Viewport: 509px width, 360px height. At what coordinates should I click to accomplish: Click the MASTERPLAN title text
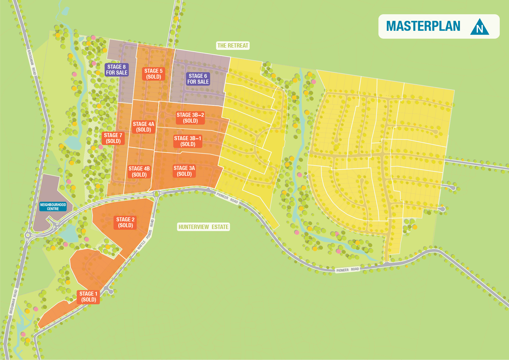click(x=423, y=26)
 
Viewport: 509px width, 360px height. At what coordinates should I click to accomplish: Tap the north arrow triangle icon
click(x=479, y=27)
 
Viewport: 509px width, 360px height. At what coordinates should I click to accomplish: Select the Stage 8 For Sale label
click(x=117, y=70)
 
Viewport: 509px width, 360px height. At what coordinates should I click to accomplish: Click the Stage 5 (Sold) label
click(x=153, y=74)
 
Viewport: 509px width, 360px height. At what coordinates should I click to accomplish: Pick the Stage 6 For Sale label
click(x=198, y=79)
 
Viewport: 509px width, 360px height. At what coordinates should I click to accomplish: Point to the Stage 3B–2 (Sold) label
click(x=190, y=118)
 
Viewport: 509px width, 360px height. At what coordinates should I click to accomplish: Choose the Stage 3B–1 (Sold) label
click(x=188, y=141)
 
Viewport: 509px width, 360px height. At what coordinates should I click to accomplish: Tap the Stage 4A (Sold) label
click(x=144, y=127)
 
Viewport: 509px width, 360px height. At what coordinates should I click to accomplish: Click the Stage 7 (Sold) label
click(x=113, y=138)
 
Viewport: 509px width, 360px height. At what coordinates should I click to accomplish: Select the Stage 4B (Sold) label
click(x=139, y=171)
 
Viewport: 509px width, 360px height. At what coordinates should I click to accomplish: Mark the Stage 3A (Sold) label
click(x=184, y=171)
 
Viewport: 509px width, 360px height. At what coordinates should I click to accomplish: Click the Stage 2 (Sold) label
click(x=125, y=222)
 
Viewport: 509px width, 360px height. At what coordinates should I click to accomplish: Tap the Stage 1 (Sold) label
click(x=88, y=297)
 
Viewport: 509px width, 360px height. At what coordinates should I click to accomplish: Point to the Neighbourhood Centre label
click(x=53, y=207)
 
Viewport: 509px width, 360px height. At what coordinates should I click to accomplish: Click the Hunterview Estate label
click(x=203, y=227)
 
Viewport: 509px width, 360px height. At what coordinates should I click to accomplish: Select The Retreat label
click(x=233, y=46)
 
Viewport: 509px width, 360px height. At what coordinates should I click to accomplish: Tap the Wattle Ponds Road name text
click(x=146, y=235)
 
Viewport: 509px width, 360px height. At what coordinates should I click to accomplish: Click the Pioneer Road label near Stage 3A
click(x=227, y=198)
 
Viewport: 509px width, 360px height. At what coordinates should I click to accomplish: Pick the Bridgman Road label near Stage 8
click(x=32, y=63)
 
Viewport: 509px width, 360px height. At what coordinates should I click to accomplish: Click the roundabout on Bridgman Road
click(x=28, y=235)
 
